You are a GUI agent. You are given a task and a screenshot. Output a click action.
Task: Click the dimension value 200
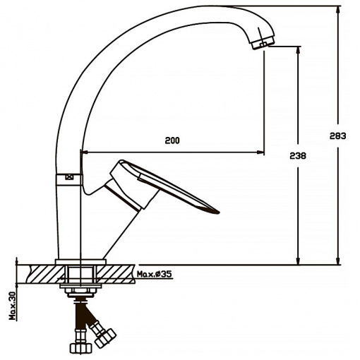pos(172,140)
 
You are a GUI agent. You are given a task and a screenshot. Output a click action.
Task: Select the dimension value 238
pos(298,156)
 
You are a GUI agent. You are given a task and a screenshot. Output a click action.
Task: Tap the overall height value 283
pos(337,136)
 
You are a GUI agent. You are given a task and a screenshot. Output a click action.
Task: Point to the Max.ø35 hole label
pos(155,274)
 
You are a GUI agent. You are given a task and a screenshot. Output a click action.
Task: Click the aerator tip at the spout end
pos(263,43)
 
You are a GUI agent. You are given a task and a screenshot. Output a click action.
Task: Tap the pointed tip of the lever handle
pos(218,212)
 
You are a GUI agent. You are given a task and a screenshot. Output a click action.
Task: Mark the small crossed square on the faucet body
pos(69,177)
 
